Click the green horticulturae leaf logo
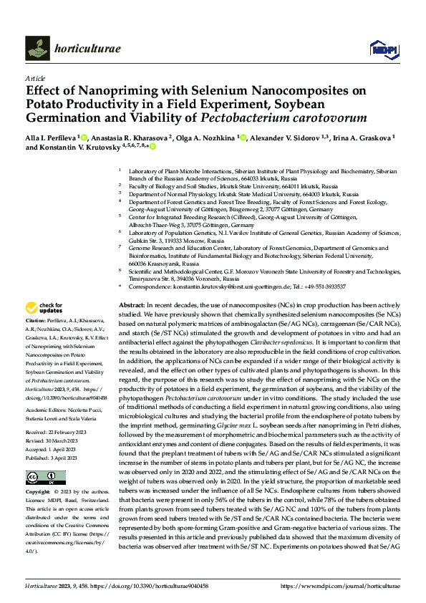(x=37, y=48)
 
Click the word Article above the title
(x=34, y=78)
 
